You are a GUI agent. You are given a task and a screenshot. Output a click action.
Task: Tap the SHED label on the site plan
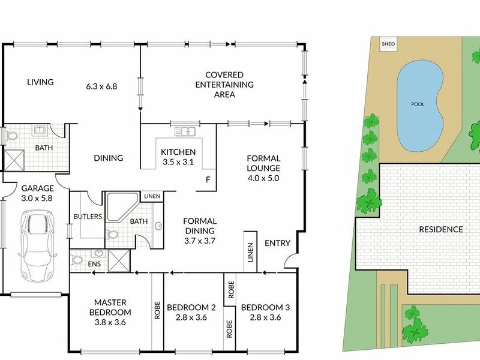coord(389,44)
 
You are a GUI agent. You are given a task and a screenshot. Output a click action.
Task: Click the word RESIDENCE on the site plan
coord(440,229)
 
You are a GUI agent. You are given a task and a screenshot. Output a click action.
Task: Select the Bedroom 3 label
coord(265,308)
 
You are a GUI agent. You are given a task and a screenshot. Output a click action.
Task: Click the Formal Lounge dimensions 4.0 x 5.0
coord(263,178)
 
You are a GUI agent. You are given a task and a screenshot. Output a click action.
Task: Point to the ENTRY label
coord(277,244)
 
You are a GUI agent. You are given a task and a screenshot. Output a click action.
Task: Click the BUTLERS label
coord(87,216)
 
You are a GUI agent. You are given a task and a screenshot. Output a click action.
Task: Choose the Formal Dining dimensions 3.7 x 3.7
coord(200,241)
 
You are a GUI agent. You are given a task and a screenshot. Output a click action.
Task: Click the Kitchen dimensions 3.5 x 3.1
coord(178,161)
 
